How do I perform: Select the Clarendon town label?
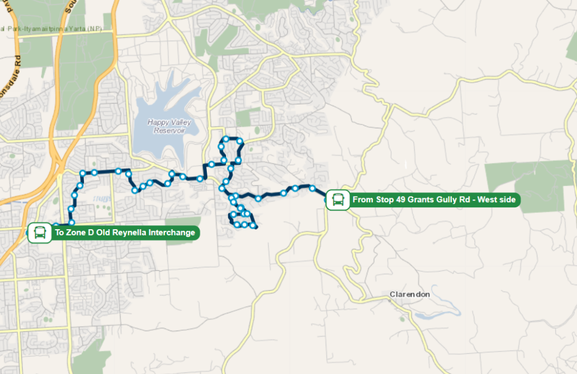[410, 295]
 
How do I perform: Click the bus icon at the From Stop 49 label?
[338, 199]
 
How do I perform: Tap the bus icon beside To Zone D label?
[40, 232]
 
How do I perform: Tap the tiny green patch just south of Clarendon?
[401, 319]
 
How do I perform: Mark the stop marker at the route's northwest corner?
[83, 173]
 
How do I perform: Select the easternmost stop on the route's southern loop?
[254, 226]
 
